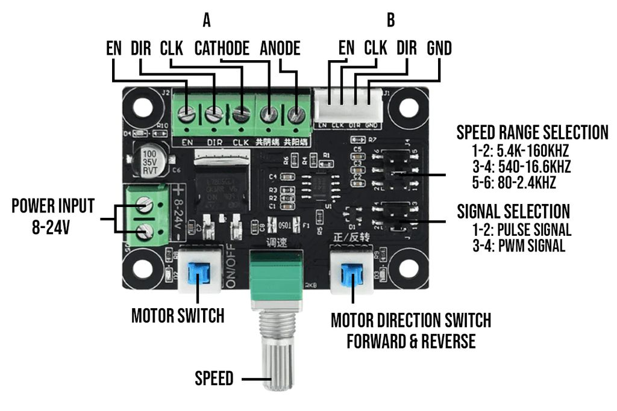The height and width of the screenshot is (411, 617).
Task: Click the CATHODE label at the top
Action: coord(222,49)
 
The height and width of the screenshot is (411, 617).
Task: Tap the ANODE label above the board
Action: coord(280,49)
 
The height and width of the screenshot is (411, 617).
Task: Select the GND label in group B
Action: coord(439,48)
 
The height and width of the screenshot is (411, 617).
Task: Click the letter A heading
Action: coord(207,20)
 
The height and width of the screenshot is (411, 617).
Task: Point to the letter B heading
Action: coord(390,20)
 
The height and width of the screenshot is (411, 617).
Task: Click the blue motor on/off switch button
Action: coord(198,275)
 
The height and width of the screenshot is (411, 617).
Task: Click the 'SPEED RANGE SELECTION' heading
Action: coord(532,132)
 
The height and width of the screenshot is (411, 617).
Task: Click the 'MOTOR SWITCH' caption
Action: coord(178,315)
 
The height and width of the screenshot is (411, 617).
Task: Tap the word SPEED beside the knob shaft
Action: coord(214,379)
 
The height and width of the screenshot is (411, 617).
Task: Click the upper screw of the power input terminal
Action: coord(145,206)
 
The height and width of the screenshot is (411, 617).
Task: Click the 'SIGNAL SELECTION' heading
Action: coord(513,211)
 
